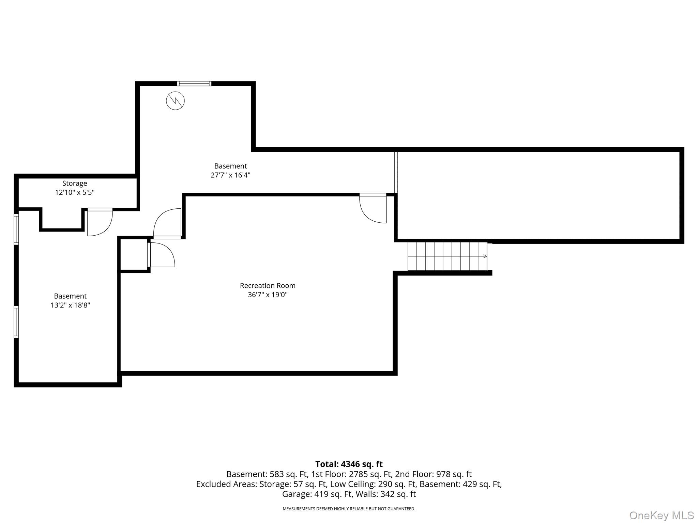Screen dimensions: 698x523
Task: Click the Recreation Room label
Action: [x=268, y=286]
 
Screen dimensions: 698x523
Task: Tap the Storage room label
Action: [x=75, y=184]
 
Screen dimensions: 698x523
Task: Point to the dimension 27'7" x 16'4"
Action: [x=230, y=175]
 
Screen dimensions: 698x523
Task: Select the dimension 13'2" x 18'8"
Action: [x=70, y=305]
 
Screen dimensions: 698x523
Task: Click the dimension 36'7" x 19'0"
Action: [x=268, y=295]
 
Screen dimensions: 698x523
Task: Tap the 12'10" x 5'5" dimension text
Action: [x=75, y=192]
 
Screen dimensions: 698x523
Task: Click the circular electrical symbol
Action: [x=175, y=100]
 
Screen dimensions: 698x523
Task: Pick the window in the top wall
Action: [x=194, y=83]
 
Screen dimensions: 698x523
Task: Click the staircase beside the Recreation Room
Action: [x=447, y=256]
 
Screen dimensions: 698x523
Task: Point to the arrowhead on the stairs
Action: [x=485, y=256]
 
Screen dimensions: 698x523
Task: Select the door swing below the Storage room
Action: [x=100, y=222]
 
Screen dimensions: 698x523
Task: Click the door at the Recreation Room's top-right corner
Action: [x=373, y=208]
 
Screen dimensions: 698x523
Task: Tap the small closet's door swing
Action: [x=161, y=254]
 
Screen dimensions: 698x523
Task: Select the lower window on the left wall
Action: [x=16, y=322]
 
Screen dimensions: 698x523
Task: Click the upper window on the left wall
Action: [x=16, y=229]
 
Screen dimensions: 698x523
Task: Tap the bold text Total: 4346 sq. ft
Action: [x=349, y=464]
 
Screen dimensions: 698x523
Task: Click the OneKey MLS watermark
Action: [x=662, y=515]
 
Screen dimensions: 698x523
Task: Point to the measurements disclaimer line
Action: [x=349, y=509]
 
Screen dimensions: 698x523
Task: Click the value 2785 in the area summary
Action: [x=356, y=474]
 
